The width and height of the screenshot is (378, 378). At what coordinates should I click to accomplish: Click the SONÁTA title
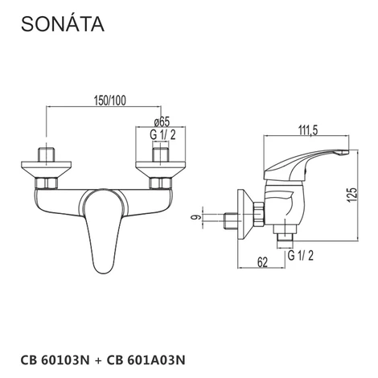pos(63,23)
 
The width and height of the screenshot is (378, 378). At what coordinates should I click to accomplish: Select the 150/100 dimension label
pos(109,101)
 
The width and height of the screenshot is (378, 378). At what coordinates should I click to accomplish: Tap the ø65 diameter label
pos(162,121)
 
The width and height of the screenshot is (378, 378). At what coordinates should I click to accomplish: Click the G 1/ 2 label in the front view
pos(162,134)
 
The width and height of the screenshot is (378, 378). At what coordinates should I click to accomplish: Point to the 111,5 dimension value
pos(308,130)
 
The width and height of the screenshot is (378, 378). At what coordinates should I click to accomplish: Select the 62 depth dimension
pos(262,262)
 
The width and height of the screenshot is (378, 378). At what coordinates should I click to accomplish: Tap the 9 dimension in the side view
pos(196,217)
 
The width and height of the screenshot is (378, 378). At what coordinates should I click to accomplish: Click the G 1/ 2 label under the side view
pos(300,255)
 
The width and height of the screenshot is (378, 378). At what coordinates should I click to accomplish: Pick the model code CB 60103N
pos(55,360)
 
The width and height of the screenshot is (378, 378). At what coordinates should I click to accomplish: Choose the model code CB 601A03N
pos(146,360)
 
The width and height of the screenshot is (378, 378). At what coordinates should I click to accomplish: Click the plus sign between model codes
pos(98,360)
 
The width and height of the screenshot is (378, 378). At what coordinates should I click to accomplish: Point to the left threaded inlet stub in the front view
pos(47,154)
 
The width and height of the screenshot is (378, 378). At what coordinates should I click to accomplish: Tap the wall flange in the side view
pos(245,214)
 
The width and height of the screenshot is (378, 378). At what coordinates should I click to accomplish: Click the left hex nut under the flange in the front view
pos(46,183)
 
